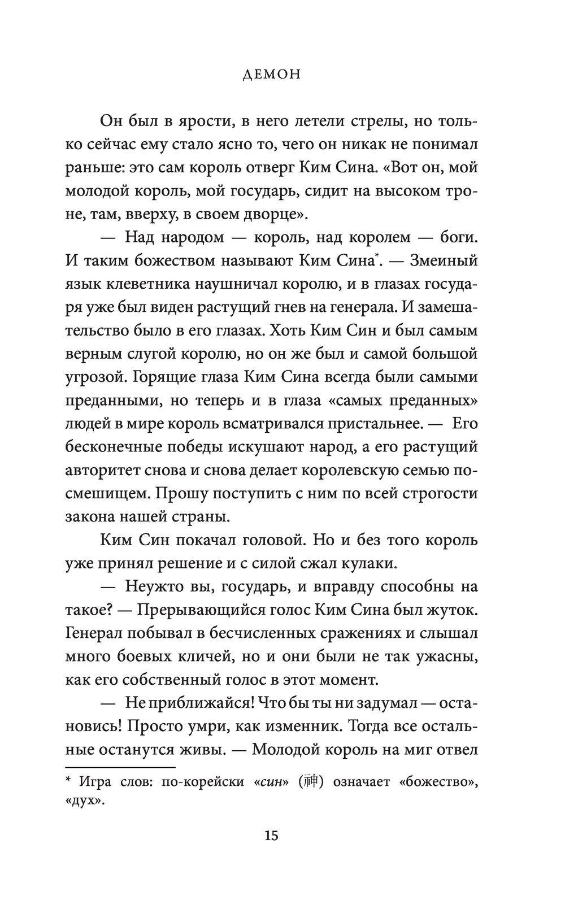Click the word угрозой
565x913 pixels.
click(x=94, y=377)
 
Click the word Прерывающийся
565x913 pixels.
click(x=202, y=610)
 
